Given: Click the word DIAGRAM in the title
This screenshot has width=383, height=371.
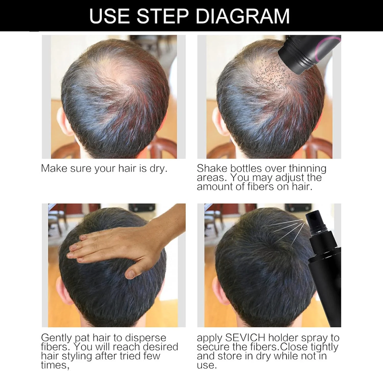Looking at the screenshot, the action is [x=242, y=16].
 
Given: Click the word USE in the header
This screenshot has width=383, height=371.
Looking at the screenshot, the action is [x=109, y=16].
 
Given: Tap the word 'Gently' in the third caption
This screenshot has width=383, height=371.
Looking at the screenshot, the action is [x=56, y=338].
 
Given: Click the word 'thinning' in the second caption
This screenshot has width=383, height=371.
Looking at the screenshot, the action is [x=308, y=169].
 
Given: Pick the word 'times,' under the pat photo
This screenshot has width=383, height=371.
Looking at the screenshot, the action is [x=55, y=365].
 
